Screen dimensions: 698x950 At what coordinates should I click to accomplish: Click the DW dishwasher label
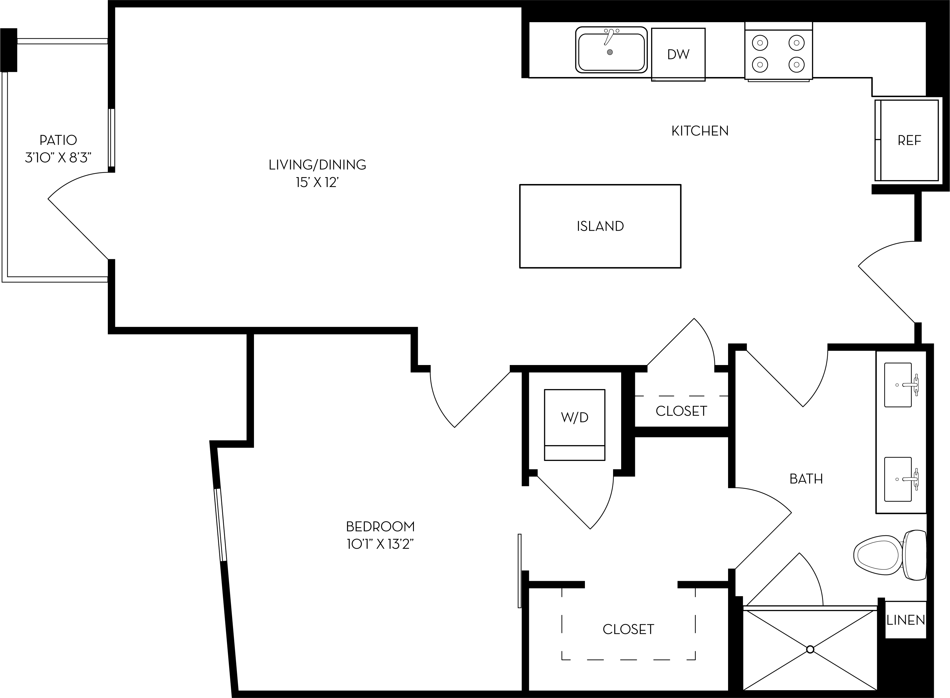(x=678, y=54)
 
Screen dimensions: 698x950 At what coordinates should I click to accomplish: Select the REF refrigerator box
(x=909, y=140)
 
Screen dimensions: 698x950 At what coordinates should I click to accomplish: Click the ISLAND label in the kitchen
(x=600, y=226)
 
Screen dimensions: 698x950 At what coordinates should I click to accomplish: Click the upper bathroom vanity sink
(x=898, y=385)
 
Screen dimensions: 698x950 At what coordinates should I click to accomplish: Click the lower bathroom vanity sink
(x=898, y=480)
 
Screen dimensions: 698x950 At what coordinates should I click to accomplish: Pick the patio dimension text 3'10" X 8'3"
(x=58, y=158)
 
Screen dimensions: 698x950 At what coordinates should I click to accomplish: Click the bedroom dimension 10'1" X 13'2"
(x=380, y=544)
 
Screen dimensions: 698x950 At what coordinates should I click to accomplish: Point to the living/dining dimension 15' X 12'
(x=317, y=183)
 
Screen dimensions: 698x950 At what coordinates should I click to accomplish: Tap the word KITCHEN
(x=700, y=131)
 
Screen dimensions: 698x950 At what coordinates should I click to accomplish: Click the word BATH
(x=806, y=479)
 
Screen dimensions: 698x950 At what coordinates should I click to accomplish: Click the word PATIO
(x=58, y=140)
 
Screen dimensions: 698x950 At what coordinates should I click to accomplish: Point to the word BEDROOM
(x=380, y=527)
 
